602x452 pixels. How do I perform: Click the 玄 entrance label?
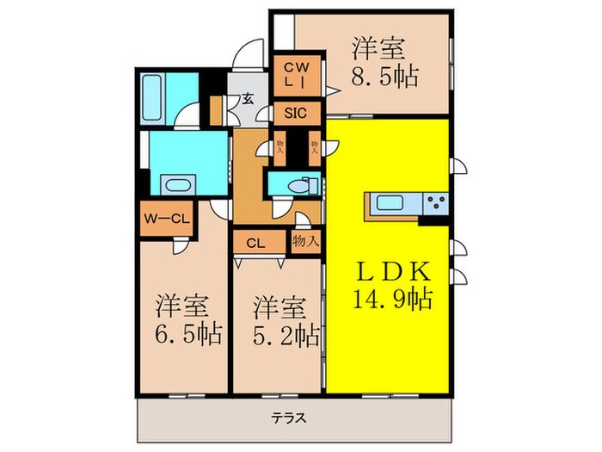click(x=246, y=98)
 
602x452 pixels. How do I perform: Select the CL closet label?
click(x=255, y=242)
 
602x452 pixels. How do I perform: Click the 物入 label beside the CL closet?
click(x=304, y=240)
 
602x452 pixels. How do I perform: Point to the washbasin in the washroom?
click(x=178, y=184)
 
